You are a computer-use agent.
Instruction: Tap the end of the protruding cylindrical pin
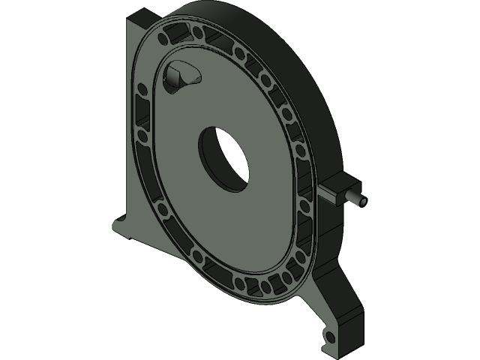(362, 202)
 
